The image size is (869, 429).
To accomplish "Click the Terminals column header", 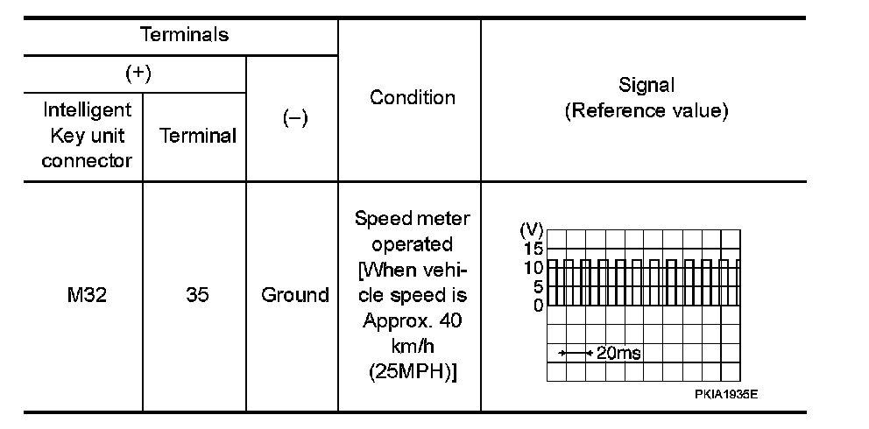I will tap(184, 35).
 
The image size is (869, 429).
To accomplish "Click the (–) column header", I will tap(295, 119).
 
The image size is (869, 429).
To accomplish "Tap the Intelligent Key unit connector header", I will tap(86, 136).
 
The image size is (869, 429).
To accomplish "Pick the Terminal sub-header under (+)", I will tap(198, 137).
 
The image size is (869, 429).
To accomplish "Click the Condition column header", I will tap(413, 97).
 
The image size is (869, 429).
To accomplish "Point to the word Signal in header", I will tap(646, 85).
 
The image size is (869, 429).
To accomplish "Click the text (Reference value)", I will tap(646, 111).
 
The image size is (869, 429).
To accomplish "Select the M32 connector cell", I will tap(86, 295).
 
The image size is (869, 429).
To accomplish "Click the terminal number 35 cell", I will tap(197, 295).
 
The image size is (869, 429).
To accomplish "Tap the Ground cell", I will tap(295, 295).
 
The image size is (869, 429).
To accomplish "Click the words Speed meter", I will tap(413, 218).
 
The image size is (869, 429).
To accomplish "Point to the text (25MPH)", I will tap(413, 371).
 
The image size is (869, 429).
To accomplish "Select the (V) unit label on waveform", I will tap(531, 231).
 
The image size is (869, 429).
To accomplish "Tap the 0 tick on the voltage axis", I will tap(537, 306).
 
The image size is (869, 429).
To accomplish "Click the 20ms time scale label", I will tap(618, 353).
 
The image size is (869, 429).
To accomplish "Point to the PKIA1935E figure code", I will tap(726, 394).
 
